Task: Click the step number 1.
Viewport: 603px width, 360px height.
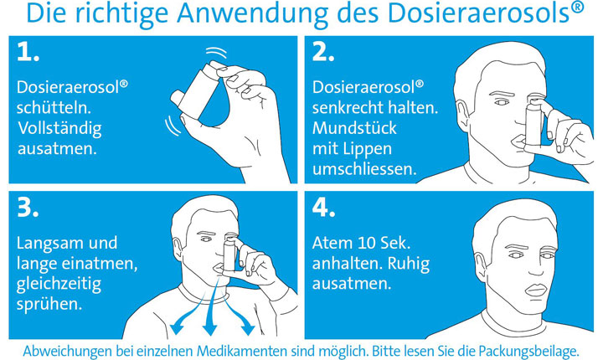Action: (x=28, y=52)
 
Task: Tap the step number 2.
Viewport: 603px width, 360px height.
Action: (x=323, y=52)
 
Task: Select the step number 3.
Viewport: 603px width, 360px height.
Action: (x=28, y=208)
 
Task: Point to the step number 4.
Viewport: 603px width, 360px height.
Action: (x=324, y=208)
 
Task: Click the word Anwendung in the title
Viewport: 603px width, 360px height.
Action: (x=252, y=13)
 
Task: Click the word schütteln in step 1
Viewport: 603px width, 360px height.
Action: (x=54, y=107)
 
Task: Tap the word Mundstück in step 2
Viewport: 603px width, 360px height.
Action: (x=354, y=128)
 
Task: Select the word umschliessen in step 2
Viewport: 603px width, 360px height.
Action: (x=364, y=169)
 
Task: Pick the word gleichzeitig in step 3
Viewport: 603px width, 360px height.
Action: (x=59, y=285)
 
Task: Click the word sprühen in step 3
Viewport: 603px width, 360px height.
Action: (x=49, y=304)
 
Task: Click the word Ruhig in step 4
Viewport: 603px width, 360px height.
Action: (x=409, y=265)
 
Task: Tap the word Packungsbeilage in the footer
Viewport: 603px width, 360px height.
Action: (x=528, y=351)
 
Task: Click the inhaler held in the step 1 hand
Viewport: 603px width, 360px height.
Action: (x=196, y=90)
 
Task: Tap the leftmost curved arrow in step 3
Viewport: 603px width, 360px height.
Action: (x=188, y=308)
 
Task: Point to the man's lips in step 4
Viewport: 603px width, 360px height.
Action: (x=536, y=290)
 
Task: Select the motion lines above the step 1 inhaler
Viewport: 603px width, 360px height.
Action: (x=216, y=52)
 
